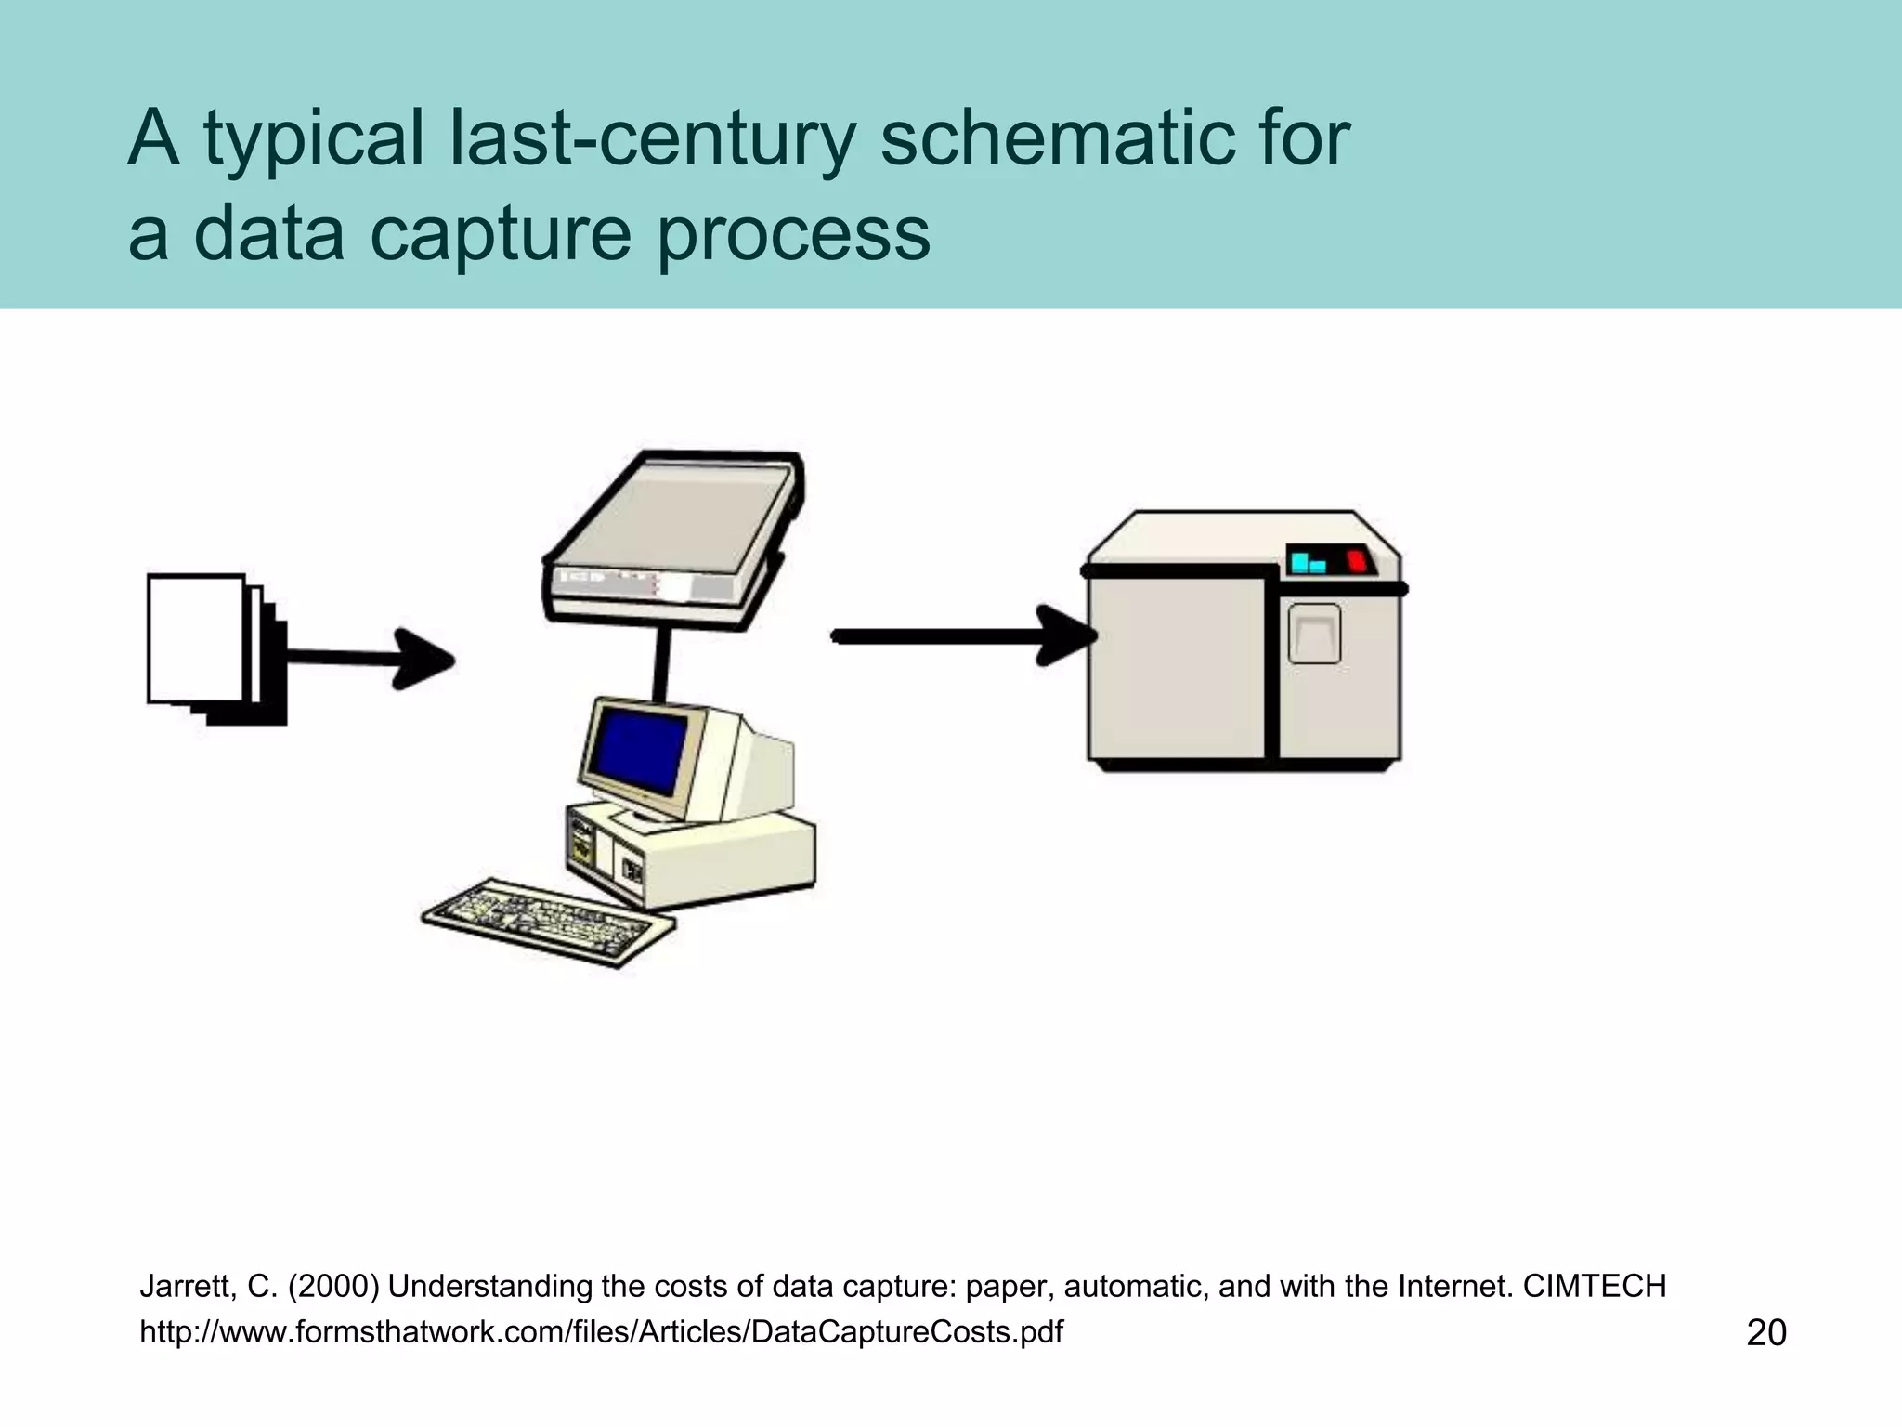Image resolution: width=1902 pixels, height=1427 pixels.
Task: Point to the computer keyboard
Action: coord(548,920)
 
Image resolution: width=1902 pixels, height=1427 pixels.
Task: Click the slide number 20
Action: coord(1766,1332)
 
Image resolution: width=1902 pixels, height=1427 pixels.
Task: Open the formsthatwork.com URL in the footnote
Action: coord(601,1332)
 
